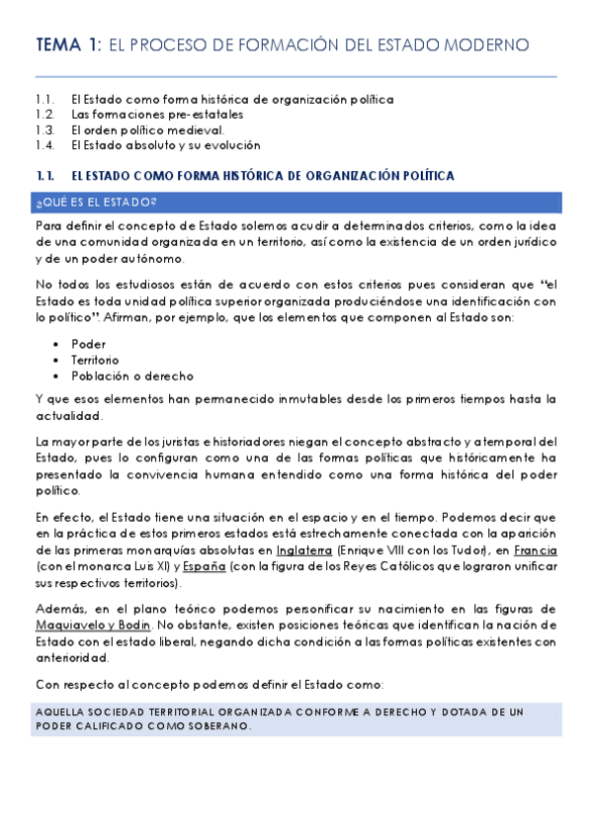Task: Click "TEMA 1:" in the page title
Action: [x=67, y=45]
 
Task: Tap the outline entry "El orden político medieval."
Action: [x=148, y=129]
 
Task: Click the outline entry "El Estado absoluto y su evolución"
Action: [x=165, y=144]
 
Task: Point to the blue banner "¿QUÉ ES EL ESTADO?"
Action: [x=96, y=203]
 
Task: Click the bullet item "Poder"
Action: [x=88, y=344]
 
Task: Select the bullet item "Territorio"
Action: [x=95, y=360]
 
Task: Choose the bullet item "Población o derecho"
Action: [x=132, y=376]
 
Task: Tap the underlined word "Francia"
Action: [x=535, y=550]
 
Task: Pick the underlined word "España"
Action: [x=206, y=566]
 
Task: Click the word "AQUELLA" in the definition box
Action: [x=59, y=712]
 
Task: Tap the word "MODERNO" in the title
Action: [x=481, y=45]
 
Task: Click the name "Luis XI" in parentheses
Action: [x=135, y=566]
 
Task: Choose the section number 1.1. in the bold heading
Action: [x=43, y=176]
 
